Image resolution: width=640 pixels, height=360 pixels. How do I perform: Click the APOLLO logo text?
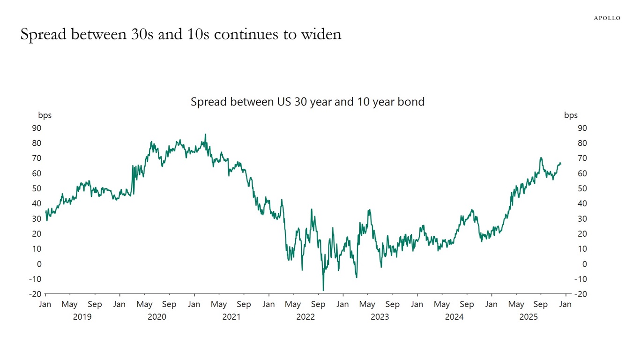pos(607,18)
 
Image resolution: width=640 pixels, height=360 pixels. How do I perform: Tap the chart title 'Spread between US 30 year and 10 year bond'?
pos(307,102)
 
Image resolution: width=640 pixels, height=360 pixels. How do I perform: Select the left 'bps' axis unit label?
pos(45,115)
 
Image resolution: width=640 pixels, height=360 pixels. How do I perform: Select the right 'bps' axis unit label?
pos(571,115)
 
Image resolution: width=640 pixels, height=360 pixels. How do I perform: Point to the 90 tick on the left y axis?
pos(37,128)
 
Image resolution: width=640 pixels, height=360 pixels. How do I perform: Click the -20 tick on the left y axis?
pos(35,294)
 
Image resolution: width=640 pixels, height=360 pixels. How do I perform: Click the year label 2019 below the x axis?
pos(82,317)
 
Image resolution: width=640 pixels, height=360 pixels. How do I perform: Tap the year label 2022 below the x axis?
pos(305,317)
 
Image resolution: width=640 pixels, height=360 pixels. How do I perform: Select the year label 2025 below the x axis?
pos(528,317)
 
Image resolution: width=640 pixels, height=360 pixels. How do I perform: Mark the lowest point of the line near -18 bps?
pos(323,291)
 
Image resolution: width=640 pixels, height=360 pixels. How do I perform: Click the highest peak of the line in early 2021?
pos(205,135)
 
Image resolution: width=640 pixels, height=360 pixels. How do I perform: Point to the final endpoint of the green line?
pos(561,164)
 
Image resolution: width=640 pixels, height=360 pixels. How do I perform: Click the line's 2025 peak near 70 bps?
pos(541,157)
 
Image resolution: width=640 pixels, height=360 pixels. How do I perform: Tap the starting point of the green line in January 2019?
pos(45,211)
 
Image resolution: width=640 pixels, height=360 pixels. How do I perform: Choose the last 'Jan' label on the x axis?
pos(566,304)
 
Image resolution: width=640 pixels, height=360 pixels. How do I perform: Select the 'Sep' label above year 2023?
pos(392,304)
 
